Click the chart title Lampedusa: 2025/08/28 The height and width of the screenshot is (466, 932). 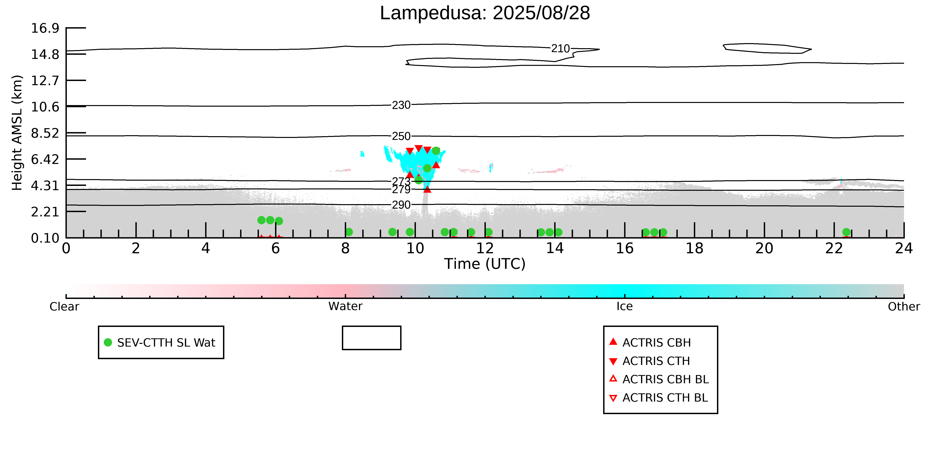coord(485,13)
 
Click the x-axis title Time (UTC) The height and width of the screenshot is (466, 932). coord(485,264)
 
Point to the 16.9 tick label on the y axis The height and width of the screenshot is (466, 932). coord(45,28)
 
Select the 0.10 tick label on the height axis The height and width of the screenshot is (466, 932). coord(45,238)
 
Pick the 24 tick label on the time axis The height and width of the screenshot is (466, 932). coord(904,249)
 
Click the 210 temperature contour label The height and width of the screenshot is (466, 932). coord(560,49)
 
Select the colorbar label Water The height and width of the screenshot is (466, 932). coord(345,307)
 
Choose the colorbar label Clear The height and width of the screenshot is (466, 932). coord(64,307)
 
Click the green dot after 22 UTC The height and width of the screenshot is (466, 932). coord(846,232)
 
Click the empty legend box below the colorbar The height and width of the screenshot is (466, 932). coord(372,327)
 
